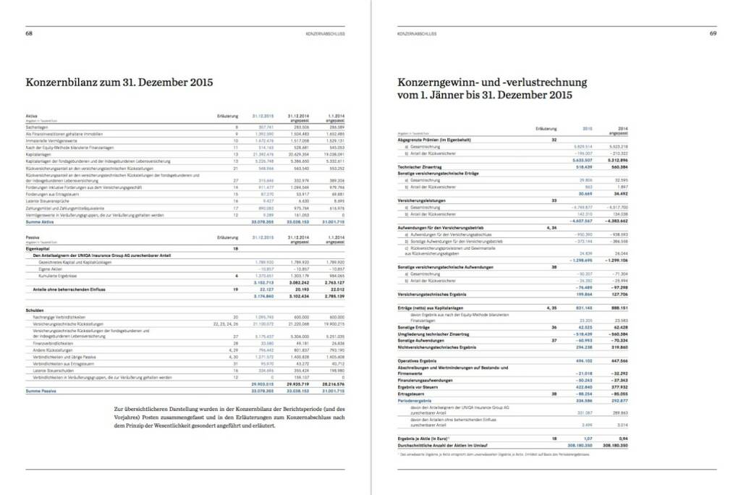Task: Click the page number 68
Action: (28, 33)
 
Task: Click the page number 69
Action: (712, 33)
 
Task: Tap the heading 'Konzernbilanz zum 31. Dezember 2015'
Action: (119, 82)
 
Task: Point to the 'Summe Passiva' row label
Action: (41, 391)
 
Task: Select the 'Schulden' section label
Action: (35, 310)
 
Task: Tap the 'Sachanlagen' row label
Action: (37, 126)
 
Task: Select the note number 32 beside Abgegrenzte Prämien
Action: (554, 139)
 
